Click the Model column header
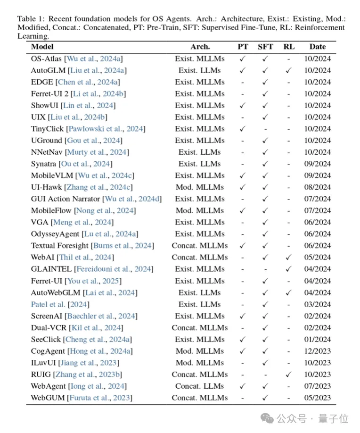click(x=42, y=47)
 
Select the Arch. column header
click(x=200, y=47)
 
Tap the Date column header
click(x=318, y=47)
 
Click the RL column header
click(x=289, y=47)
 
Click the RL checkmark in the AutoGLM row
click(x=289, y=71)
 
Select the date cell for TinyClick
click(x=318, y=129)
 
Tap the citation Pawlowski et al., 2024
click(x=106, y=129)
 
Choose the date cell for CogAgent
click(x=318, y=351)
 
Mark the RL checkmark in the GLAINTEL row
click(x=289, y=269)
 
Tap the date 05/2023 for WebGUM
click(x=318, y=398)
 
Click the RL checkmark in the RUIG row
click(x=289, y=375)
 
